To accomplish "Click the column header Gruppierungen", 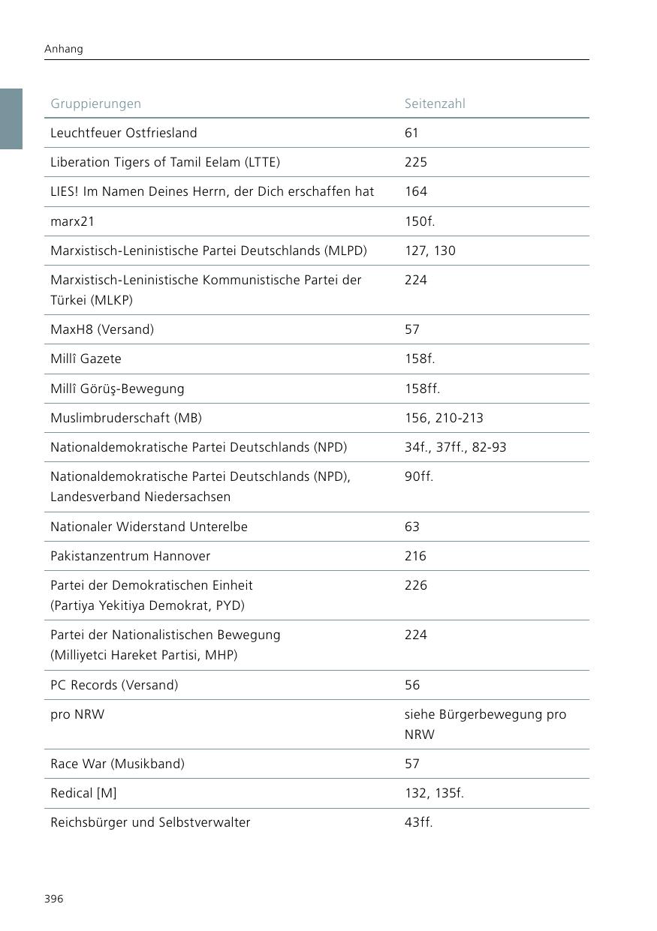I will tap(95, 104).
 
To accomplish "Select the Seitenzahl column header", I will tap(435, 104).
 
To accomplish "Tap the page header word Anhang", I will tap(64, 49).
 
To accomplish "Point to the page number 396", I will tap(54, 899).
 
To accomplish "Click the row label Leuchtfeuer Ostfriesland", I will tap(123, 133).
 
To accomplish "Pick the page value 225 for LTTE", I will tap(416, 162).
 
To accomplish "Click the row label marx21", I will tap(73, 221).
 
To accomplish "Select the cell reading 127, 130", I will tap(430, 251).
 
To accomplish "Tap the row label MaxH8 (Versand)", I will tap(102, 329).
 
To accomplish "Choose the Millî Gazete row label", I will tap(86, 359).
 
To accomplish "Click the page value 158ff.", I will tap(422, 389).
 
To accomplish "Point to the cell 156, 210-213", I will tap(445, 418).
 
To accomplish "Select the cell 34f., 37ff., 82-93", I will tap(456, 447).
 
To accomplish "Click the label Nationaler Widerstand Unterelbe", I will tap(149, 527).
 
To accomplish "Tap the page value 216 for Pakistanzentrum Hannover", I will tap(415, 556).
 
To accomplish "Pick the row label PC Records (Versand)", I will tap(114, 685).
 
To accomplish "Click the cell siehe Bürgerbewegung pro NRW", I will tap(485, 724).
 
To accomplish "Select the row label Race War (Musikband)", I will tap(117, 764).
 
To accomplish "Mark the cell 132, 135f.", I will tap(435, 793).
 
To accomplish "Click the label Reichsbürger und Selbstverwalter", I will tap(150, 822).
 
